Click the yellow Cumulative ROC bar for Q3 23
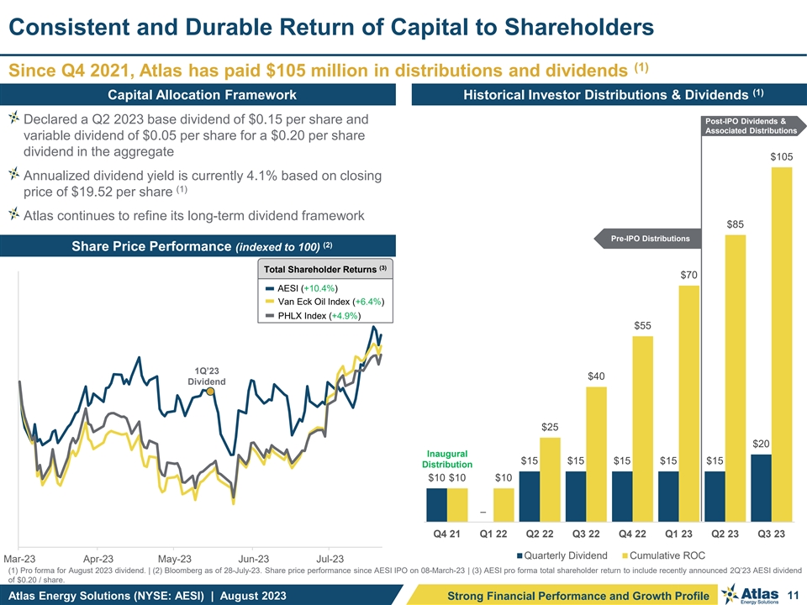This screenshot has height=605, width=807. (781, 345)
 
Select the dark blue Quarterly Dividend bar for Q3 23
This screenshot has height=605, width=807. (760, 488)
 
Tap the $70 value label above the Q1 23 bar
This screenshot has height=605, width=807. (688, 275)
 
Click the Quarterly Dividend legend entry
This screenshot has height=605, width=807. (562, 555)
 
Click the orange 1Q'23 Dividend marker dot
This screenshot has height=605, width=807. (211, 391)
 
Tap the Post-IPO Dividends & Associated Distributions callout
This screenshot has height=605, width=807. (752, 125)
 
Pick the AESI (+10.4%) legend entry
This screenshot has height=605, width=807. (307, 288)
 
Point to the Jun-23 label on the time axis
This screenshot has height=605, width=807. (253, 558)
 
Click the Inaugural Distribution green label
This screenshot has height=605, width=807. (446, 460)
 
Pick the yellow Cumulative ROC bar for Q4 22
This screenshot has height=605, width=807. (641, 429)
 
